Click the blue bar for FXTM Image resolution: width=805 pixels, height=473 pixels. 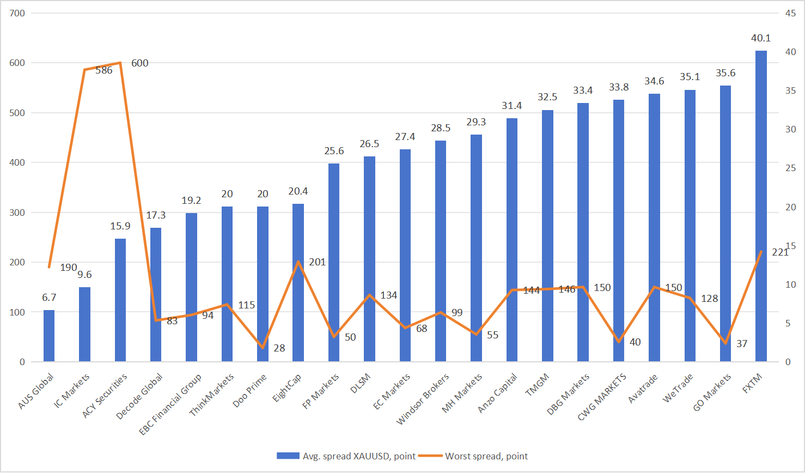click(761, 207)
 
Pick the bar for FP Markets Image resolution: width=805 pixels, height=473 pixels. click(334, 262)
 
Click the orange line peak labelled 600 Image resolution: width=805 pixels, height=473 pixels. click(120, 63)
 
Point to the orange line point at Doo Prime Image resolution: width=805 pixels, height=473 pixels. click(263, 348)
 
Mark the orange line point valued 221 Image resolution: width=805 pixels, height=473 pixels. click(761, 251)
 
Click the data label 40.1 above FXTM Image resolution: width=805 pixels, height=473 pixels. click(761, 38)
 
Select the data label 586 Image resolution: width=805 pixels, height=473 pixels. click(103, 70)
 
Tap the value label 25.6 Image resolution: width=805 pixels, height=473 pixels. click(334, 151)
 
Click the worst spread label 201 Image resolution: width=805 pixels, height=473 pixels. click(317, 262)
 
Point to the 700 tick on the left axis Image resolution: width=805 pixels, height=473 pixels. click(17, 13)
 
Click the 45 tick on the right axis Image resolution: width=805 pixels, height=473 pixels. click(790, 13)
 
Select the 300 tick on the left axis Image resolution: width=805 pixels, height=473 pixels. click(17, 213)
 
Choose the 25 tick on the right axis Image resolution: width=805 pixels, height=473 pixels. click(790, 168)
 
